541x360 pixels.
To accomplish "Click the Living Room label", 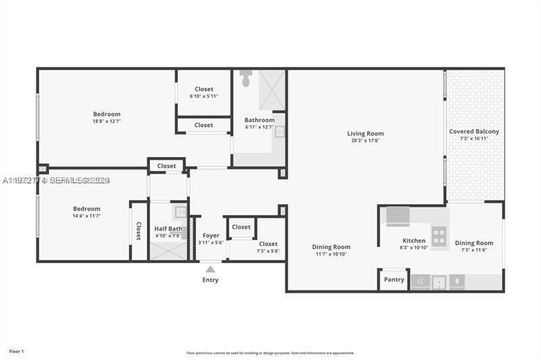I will [x=365, y=133].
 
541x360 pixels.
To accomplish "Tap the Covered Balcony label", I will [x=474, y=131].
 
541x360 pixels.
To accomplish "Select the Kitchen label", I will [x=414, y=240].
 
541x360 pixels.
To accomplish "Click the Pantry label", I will [x=394, y=279].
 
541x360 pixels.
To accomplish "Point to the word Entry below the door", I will [x=210, y=279].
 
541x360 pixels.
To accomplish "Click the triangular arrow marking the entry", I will [x=210, y=269].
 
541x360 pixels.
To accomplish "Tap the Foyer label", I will [x=211, y=235].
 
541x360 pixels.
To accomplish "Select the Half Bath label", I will [x=168, y=229].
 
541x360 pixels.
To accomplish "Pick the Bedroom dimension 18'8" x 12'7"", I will [x=107, y=122].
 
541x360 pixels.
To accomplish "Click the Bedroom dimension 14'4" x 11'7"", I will [x=87, y=216].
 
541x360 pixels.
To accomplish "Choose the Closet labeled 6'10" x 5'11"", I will [x=204, y=96].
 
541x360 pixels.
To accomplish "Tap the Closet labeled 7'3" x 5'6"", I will [x=268, y=251].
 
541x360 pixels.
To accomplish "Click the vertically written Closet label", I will [x=139, y=231].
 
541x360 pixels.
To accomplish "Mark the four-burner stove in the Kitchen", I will [x=439, y=236].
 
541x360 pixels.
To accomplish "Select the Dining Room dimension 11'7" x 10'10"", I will [x=331, y=254].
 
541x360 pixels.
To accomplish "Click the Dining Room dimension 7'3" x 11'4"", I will [x=473, y=250].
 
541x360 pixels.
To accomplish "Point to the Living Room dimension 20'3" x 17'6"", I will [x=365, y=141].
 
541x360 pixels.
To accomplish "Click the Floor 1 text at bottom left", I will [x=16, y=351].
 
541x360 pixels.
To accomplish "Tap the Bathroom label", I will [x=260, y=120].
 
